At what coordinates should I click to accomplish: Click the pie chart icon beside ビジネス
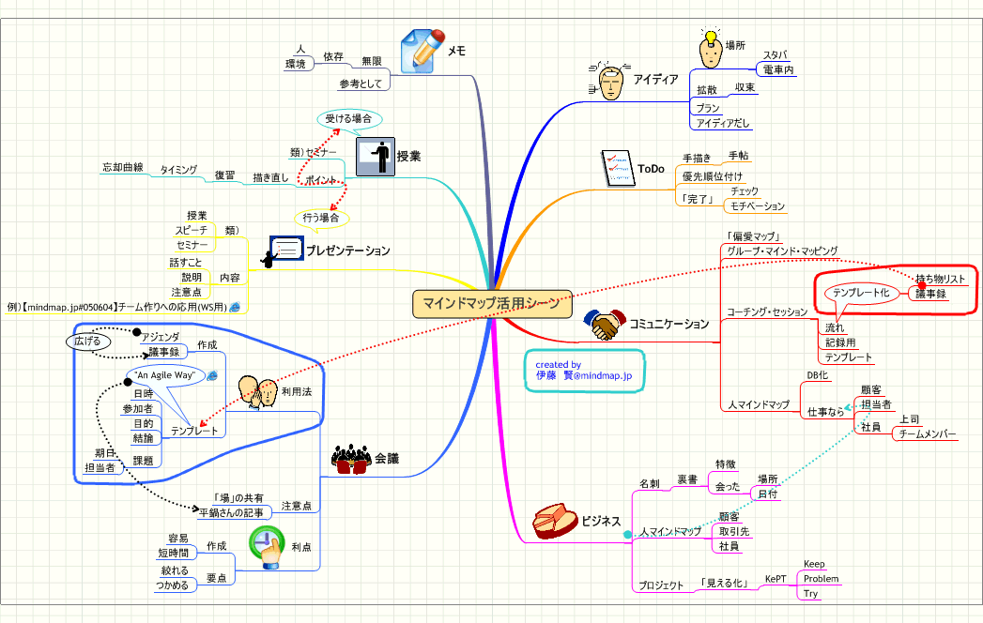[553, 521]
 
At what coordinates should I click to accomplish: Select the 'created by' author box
[584, 369]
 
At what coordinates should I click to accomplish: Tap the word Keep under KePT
[814, 564]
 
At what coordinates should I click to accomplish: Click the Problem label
[821, 579]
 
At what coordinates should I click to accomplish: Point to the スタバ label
[775, 55]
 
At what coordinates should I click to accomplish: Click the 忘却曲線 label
[122, 168]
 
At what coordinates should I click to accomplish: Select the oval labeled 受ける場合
[348, 119]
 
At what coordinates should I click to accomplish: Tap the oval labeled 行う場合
[321, 218]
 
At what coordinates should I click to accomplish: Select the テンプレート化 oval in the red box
[860, 293]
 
